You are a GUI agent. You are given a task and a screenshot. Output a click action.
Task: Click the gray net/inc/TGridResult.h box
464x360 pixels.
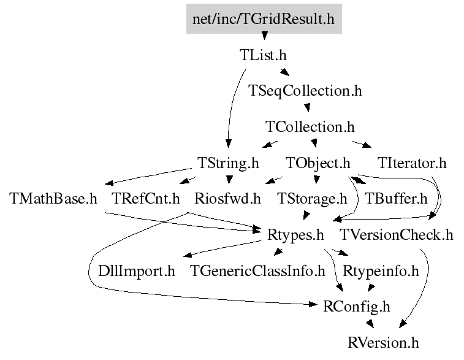264,18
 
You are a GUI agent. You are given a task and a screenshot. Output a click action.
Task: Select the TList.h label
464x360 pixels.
263,55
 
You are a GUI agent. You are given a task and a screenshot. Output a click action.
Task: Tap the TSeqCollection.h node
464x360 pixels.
305,91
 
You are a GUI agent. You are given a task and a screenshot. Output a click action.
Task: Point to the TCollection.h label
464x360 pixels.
310,127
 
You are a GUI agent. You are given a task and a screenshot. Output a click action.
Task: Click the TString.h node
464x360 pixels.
228,163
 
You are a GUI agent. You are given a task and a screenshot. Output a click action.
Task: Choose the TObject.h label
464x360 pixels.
318,163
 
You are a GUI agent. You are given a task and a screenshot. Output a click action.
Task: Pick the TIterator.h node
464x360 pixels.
412,163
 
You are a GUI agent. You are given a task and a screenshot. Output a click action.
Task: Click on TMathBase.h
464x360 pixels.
53,198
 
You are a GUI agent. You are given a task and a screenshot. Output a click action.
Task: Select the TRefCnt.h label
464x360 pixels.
146,198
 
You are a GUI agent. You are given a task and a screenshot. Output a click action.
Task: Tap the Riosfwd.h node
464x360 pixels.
227,198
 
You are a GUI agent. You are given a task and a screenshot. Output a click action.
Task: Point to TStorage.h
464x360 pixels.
312,199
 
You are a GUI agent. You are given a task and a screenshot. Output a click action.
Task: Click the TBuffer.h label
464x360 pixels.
396,198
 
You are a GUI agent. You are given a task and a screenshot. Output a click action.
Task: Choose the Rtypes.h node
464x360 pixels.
295,235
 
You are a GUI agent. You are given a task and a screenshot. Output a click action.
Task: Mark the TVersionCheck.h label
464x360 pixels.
396,235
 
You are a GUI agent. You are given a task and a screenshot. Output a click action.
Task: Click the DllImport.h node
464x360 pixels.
137,271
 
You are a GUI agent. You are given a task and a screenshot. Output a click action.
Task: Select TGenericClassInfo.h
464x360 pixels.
257,271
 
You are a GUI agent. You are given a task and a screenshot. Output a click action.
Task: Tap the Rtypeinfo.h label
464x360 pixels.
381,271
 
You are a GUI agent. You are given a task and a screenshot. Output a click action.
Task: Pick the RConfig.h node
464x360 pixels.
357,307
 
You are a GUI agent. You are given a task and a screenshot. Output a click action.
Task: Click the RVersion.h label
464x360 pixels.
383,343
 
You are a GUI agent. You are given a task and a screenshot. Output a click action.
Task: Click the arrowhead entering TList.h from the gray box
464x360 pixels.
265,36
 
